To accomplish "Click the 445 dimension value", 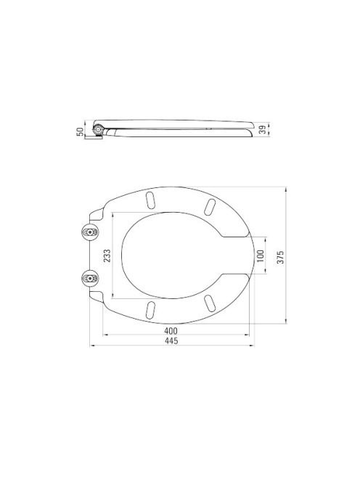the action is click(171, 341).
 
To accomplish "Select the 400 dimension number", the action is click(171, 331).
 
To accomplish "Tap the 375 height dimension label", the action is click(280, 257).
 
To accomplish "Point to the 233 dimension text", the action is click(107, 256).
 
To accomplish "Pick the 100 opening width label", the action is click(260, 256).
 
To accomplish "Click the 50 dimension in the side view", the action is click(80, 132).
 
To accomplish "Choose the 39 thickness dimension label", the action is click(262, 130).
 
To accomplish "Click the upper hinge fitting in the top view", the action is click(90, 232).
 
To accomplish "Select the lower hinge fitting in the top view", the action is click(90, 278).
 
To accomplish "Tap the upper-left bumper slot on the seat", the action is click(150, 200).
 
